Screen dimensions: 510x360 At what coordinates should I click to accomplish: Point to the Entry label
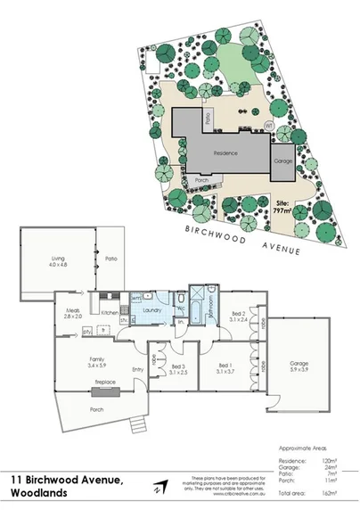138,369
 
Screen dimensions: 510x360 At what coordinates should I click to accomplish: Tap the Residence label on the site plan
225,153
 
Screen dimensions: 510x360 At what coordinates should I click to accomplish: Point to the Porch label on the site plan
202,178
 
